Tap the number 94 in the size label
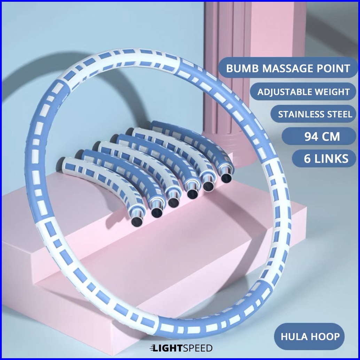click(x=311, y=136)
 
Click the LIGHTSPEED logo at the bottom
click(x=181, y=348)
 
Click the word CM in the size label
click(x=331, y=136)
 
